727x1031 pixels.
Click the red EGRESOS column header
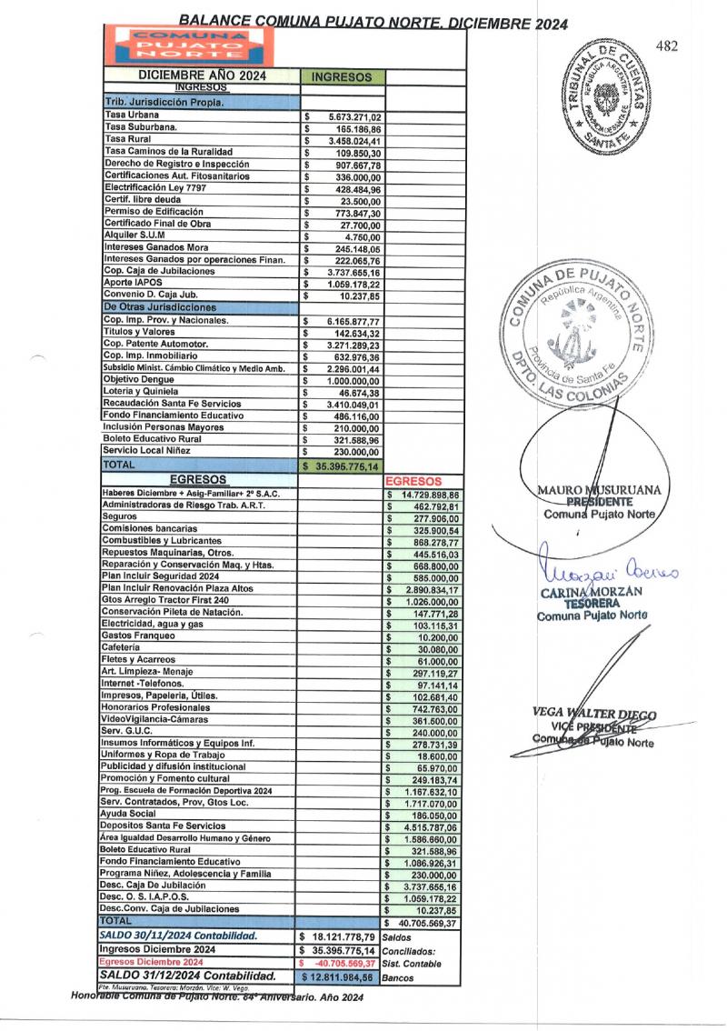pyautogui.click(x=414, y=480)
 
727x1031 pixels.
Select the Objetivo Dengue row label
pyautogui.click(x=139, y=378)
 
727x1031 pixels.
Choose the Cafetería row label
pyautogui.click(x=121, y=646)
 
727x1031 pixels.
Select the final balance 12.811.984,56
pyautogui.click(x=341, y=976)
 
